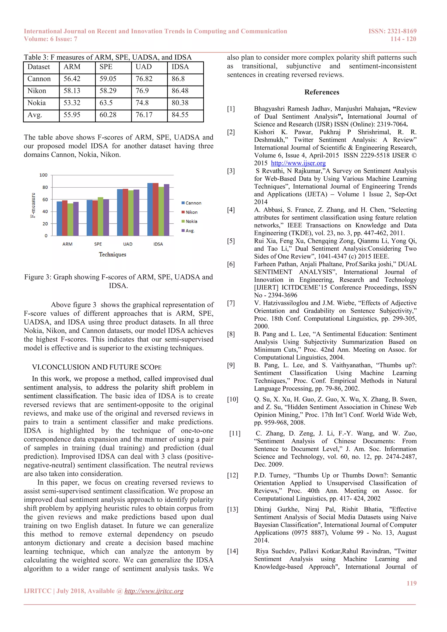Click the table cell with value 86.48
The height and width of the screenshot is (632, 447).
(180, 91)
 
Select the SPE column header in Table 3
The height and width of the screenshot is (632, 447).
(106, 67)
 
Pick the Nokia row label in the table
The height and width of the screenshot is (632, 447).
(37, 103)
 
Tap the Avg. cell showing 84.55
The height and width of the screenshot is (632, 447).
(180, 115)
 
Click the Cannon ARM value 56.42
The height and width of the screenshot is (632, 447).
(72, 79)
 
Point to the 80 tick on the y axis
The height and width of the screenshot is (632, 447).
(45, 187)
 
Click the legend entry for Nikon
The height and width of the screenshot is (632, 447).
(190, 212)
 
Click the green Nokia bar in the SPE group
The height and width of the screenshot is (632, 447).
(100, 216)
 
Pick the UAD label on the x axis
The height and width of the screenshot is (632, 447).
(128, 244)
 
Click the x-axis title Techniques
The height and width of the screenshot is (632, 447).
(113, 255)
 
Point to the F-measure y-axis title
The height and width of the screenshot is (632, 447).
(33, 205)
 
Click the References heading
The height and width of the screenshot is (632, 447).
(321, 92)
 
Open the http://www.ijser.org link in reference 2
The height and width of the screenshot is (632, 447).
(298, 163)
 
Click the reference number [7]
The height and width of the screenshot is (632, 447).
(231, 303)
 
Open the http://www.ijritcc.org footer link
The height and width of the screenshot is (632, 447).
(154, 591)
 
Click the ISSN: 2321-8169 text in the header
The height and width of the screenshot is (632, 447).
(392, 31)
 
